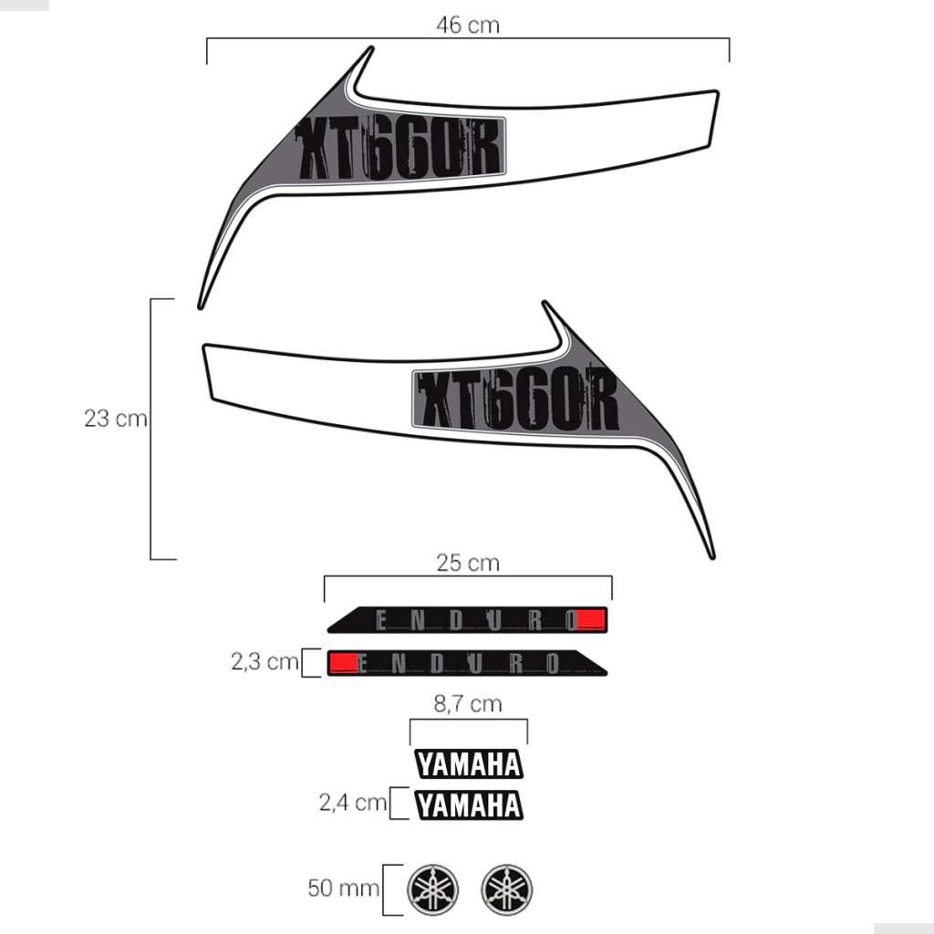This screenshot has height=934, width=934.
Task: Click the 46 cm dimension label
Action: tap(468, 25)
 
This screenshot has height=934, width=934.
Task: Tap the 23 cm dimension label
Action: tap(116, 418)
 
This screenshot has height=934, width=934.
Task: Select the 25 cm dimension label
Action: tap(468, 563)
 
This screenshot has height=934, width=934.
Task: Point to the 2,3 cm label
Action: tap(265, 661)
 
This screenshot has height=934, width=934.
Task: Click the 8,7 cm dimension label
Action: tap(468, 703)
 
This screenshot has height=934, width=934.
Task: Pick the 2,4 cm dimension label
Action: tap(353, 803)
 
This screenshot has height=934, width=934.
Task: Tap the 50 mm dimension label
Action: tap(343, 887)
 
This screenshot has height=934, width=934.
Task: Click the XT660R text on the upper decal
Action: tap(400, 148)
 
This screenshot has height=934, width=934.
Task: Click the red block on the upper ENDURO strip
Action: tap(592, 619)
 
